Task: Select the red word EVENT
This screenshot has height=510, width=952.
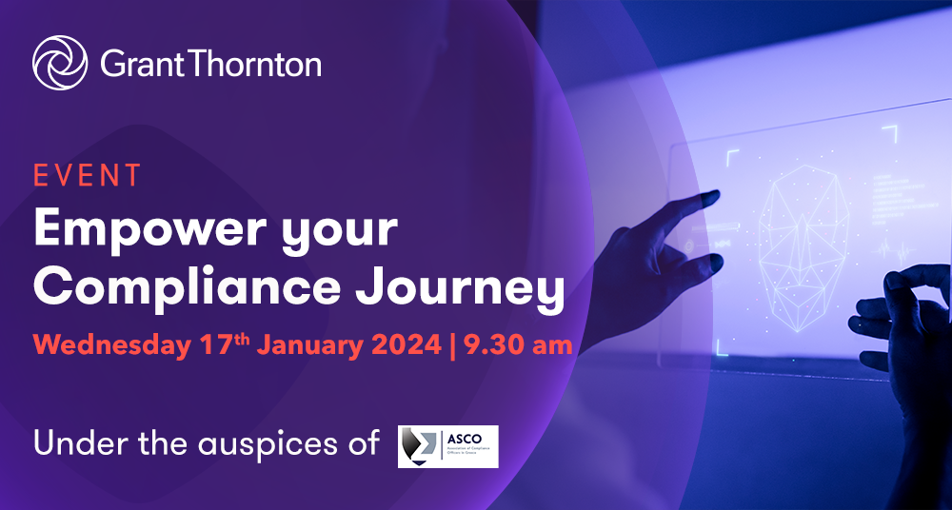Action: point(88,176)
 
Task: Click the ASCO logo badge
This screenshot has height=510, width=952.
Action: point(447,446)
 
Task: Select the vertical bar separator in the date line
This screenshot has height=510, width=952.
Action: point(451,344)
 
